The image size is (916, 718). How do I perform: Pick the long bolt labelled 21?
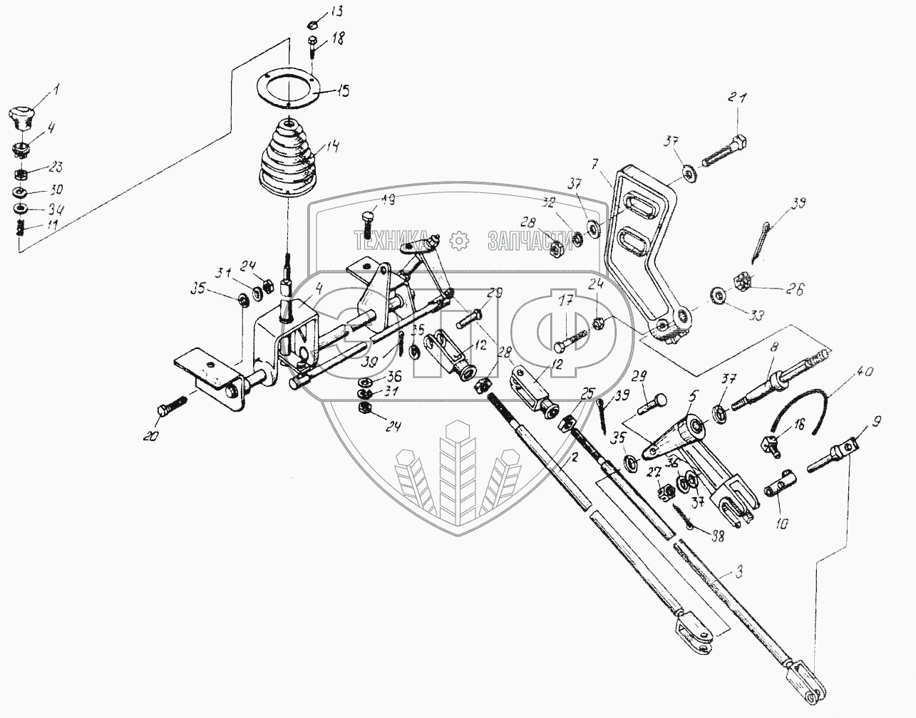coord(725,149)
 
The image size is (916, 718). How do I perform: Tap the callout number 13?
coord(335,12)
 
